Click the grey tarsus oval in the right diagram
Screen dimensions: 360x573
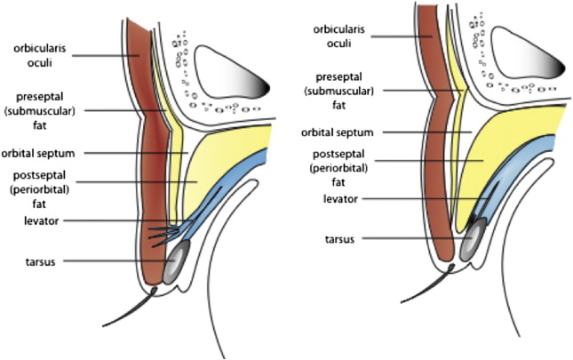(x=476, y=236)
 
